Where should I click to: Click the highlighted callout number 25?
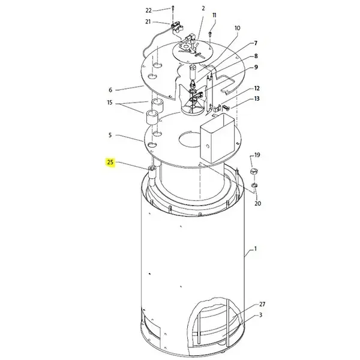[110, 163]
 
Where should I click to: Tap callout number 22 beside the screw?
[149, 11]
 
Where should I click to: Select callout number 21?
[148, 22]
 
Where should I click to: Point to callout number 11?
[214, 15]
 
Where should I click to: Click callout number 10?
[237, 28]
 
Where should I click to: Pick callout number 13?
[257, 98]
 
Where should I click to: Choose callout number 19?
[257, 155]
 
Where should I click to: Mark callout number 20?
[258, 203]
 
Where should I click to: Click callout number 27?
[262, 304]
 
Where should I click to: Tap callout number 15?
[110, 103]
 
